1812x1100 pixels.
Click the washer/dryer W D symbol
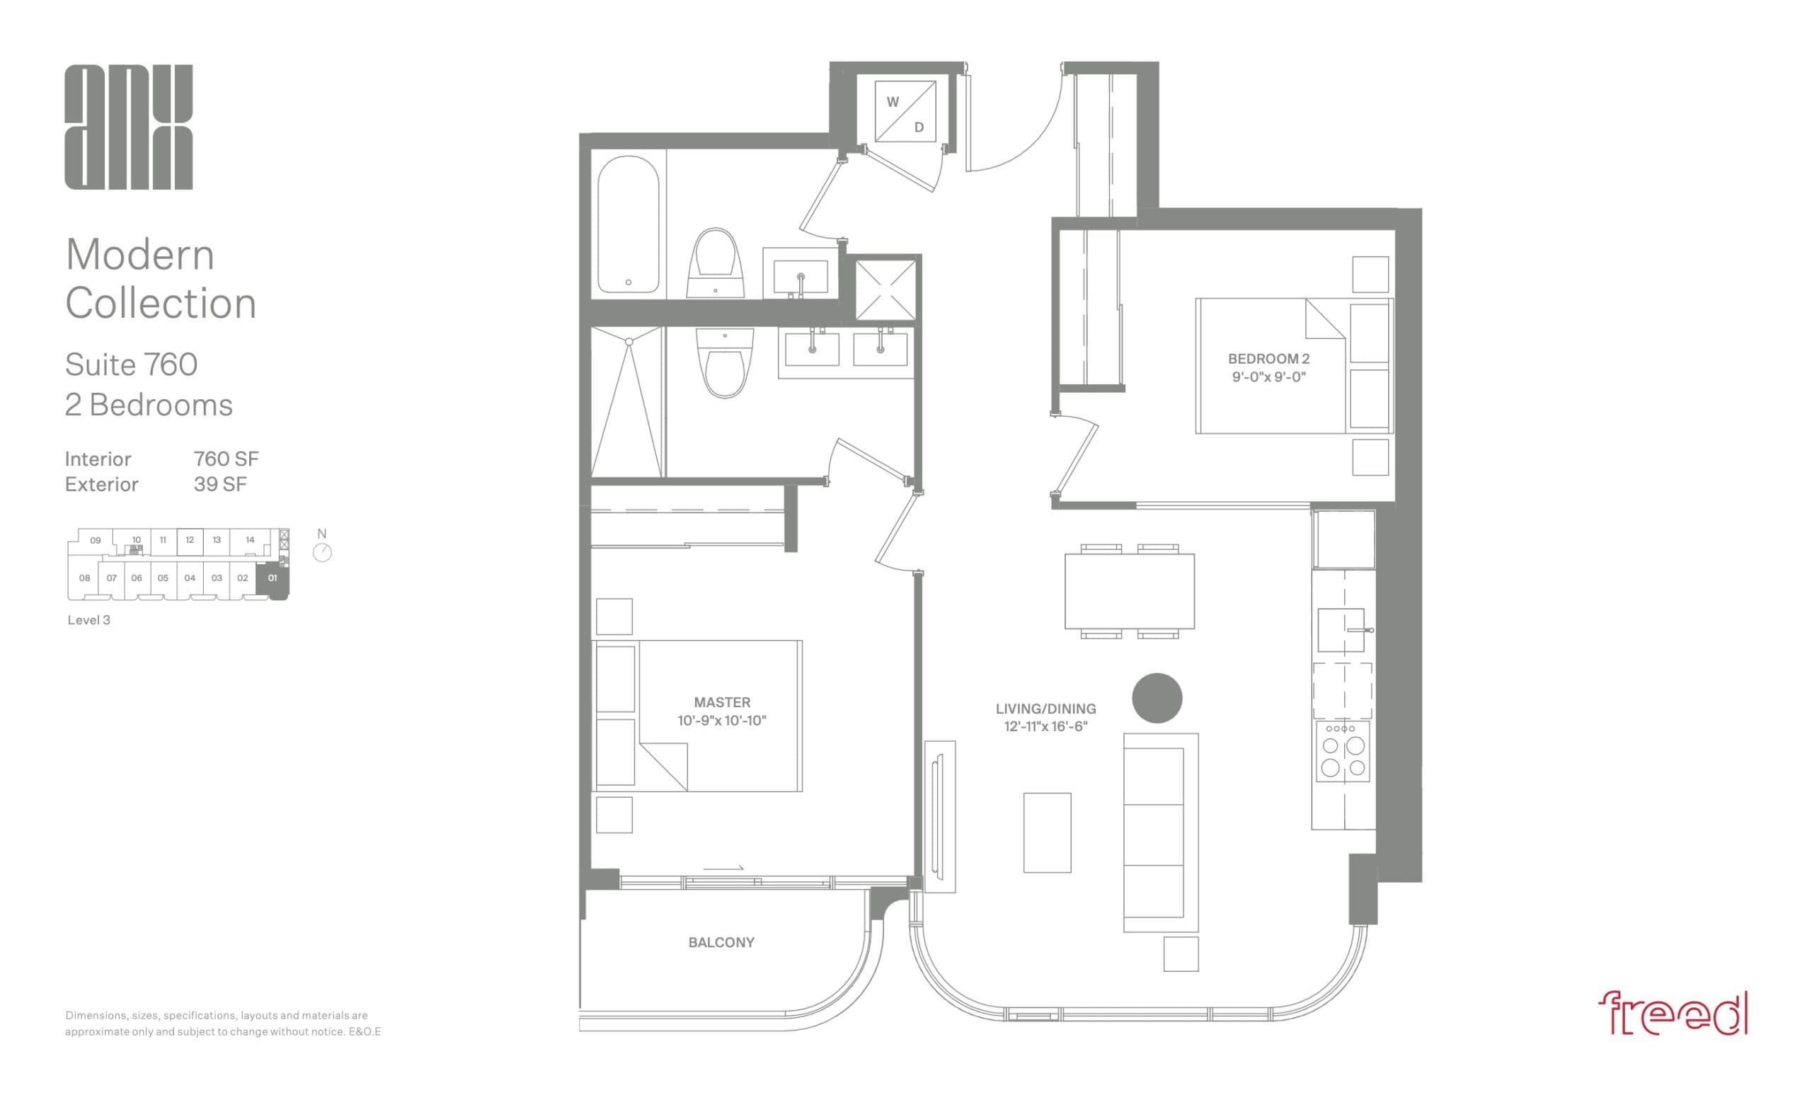point(905,113)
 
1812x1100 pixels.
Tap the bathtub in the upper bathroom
point(627,224)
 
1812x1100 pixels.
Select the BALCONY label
point(721,942)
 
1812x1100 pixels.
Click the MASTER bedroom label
point(721,702)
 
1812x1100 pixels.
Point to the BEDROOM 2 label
point(1268,359)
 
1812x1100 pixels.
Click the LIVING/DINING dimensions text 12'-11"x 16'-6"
point(1045,726)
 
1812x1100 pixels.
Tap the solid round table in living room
point(1156,698)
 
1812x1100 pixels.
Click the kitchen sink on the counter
point(1340,629)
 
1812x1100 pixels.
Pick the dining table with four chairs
point(1129,591)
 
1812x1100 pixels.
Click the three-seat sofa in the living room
point(1159,832)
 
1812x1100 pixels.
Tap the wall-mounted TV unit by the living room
point(939,815)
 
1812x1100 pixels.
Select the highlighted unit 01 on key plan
point(273,578)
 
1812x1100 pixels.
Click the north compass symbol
point(322,552)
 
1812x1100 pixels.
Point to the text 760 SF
point(226,459)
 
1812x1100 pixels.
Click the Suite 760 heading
point(131,365)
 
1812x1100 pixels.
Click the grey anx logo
point(129,127)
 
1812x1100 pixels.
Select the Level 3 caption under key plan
point(89,620)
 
